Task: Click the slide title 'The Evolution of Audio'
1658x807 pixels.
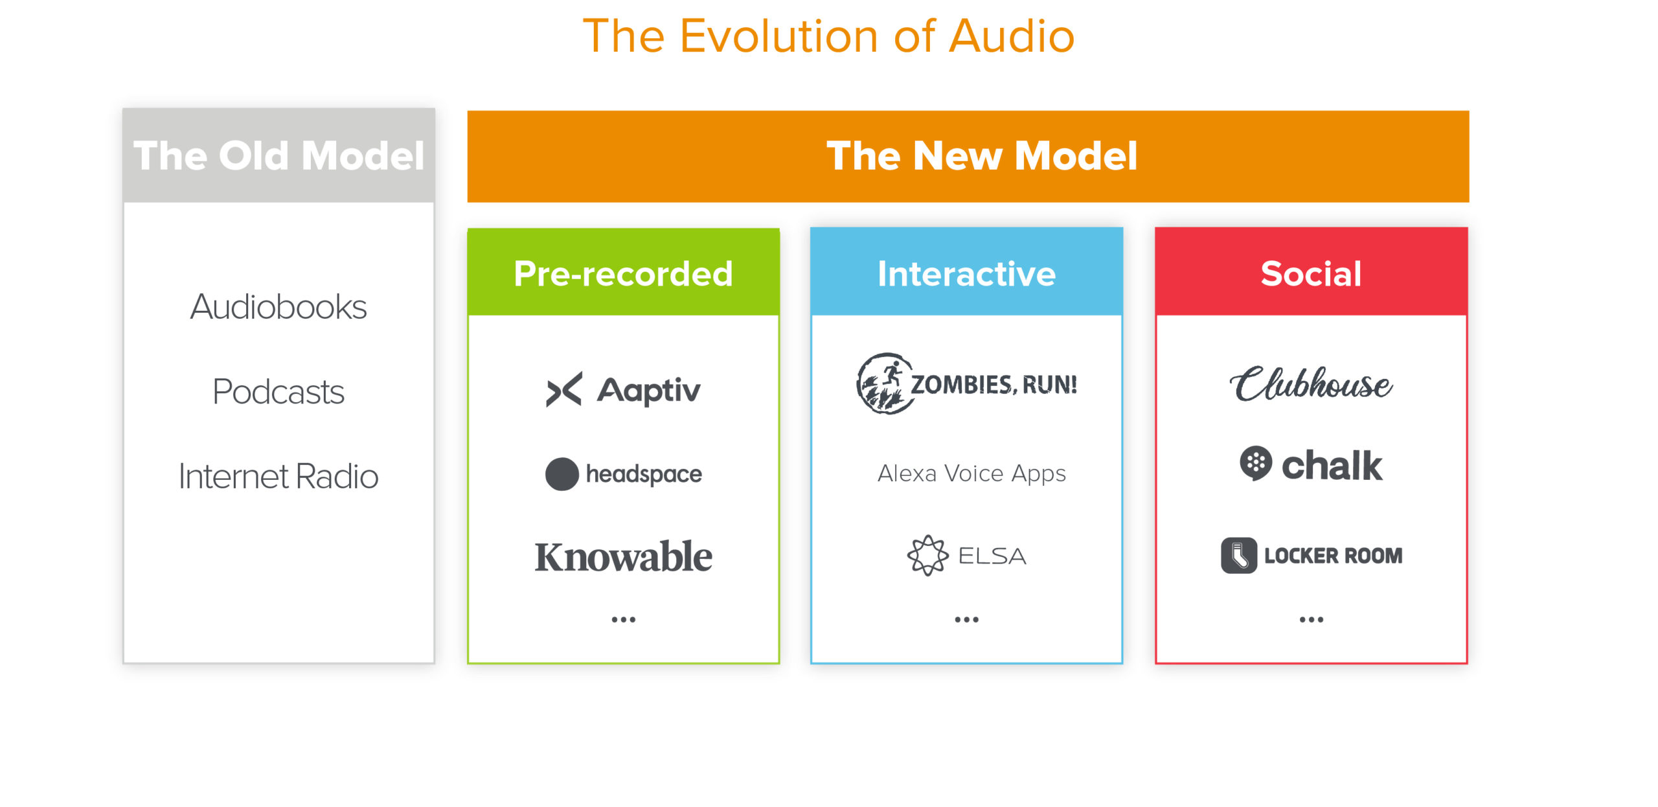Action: (828, 36)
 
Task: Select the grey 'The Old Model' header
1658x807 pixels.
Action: (278, 155)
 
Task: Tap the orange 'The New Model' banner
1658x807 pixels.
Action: (968, 156)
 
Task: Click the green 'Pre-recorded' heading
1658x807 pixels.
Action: (623, 273)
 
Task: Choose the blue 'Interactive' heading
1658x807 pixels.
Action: (966, 273)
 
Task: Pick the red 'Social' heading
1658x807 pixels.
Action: (1311, 273)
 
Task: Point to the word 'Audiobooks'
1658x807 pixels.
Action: (278, 306)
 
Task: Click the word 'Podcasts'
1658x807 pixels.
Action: (278, 391)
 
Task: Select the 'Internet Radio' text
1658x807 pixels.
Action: (278, 476)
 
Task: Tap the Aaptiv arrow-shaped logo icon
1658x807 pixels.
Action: (564, 389)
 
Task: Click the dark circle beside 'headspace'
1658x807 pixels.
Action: (562, 474)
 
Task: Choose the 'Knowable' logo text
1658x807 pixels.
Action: (623, 556)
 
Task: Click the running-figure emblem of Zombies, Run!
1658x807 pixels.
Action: (885, 383)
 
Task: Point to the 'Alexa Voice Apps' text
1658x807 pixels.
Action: (971, 473)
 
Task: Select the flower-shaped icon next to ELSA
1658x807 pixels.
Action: (927, 555)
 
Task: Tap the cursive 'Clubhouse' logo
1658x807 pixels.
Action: (1311, 383)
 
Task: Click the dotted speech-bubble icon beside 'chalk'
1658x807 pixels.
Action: (1256, 463)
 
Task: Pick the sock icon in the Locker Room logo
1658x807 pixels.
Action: (1239, 555)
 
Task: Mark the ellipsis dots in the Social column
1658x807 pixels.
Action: (1312, 620)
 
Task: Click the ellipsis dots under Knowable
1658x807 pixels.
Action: (624, 620)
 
